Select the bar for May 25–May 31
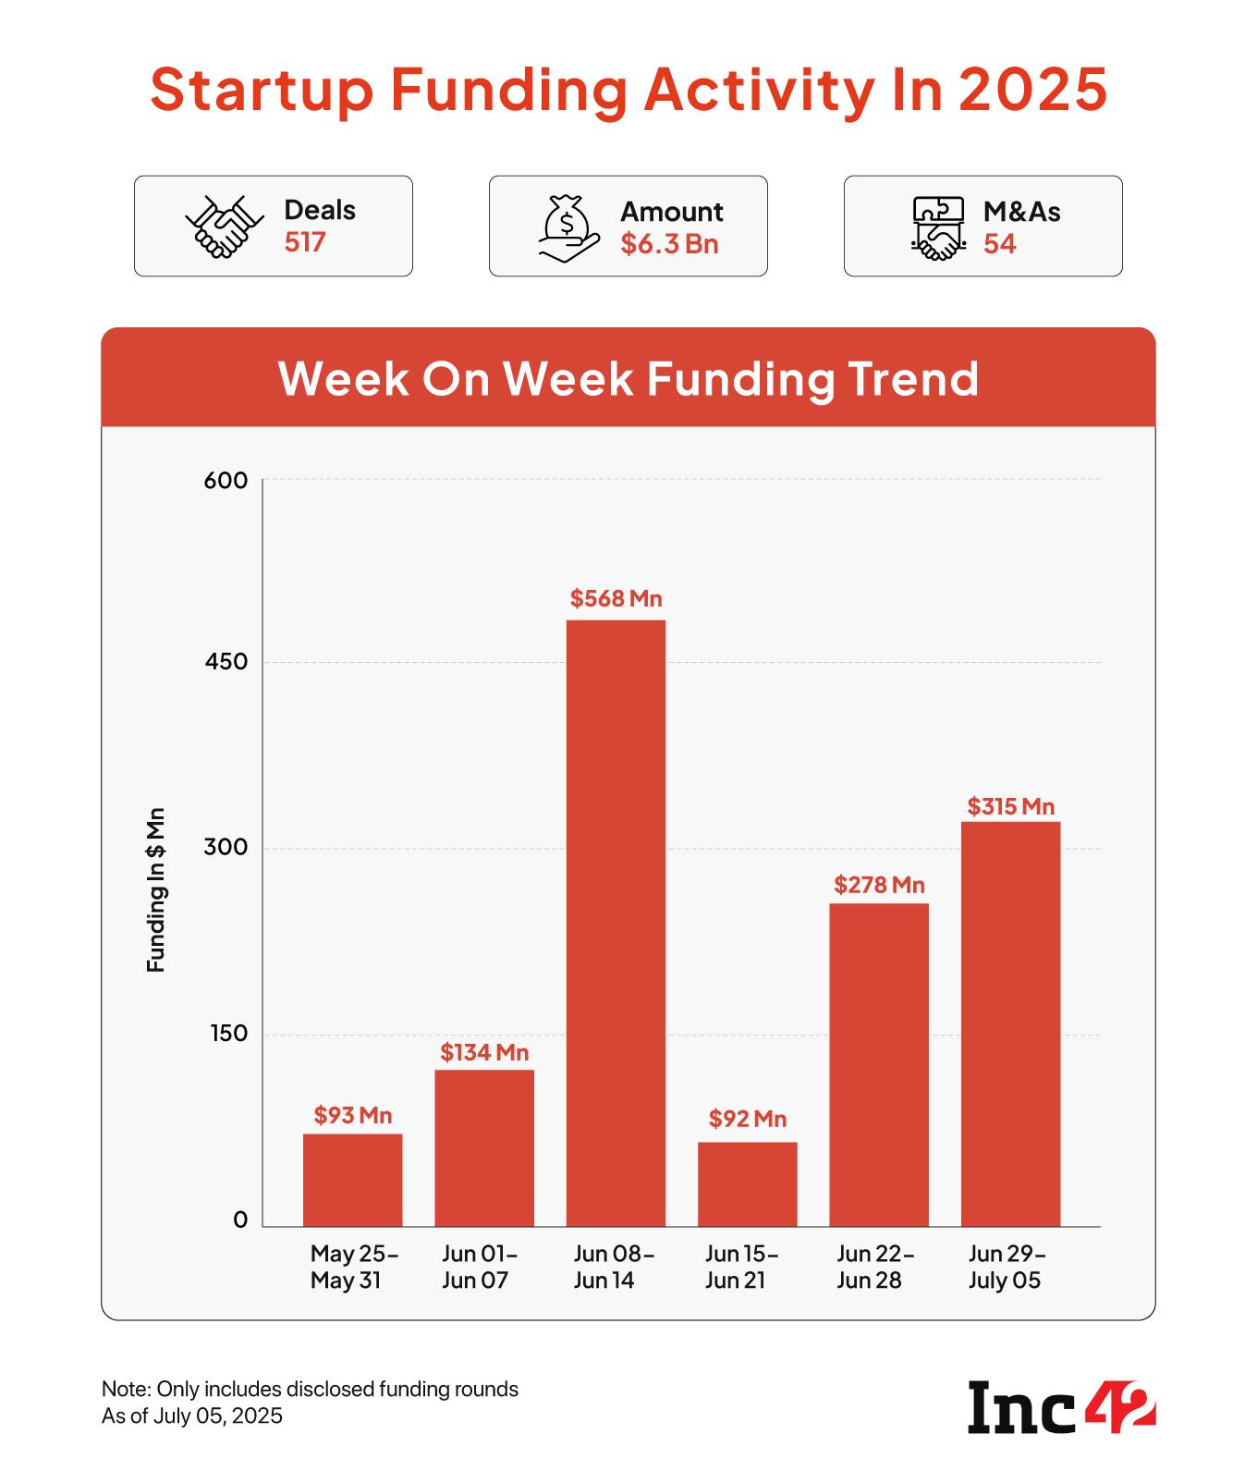tap(352, 1180)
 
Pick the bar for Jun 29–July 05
tap(1010, 1023)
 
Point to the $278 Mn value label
tap(879, 886)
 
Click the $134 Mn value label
tap(484, 1052)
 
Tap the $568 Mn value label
tap(616, 599)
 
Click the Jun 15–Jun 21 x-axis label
tap(741, 1267)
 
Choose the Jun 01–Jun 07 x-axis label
tap(479, 1267)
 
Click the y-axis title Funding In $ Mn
tap(156, 889)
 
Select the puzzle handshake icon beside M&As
tap(937, 227)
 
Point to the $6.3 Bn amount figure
tap(669, 244)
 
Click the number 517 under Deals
tap(305, 242)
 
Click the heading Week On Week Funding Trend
tap(628, 378)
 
